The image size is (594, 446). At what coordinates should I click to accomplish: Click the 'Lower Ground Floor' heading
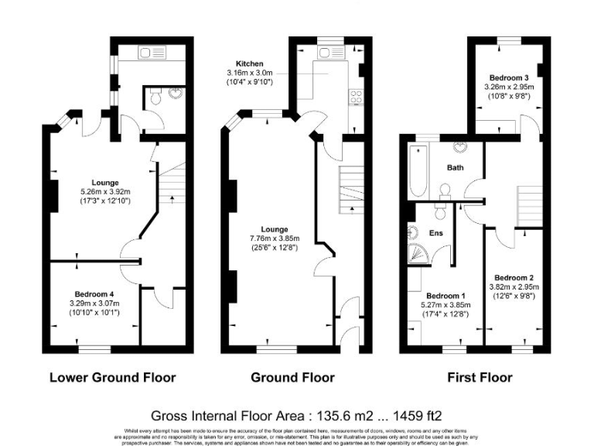tap(112, 378)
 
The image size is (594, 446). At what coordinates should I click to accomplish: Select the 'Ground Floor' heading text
tap(292, 378)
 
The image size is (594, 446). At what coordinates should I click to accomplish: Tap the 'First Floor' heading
tap(480, 378)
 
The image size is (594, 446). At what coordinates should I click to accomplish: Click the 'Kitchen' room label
tap(250, 63)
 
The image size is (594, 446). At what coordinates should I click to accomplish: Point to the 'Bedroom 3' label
tap(509, 77)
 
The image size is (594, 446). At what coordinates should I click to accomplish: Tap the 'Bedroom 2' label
tap(514, 277)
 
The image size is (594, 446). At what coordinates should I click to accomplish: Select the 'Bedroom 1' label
tap(445, 296)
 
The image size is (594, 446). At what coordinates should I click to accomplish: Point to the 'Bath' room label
tap(455, 167)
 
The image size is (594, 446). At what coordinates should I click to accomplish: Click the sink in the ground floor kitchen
tap(325, 52)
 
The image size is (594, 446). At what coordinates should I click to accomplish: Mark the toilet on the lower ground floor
tap(155, 98)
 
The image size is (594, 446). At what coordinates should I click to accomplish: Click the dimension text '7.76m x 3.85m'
tap(275, 238)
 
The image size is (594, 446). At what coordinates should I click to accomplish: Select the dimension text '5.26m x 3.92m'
tap(105, 192)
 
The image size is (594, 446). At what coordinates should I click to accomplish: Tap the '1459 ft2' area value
tap(420, 415)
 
